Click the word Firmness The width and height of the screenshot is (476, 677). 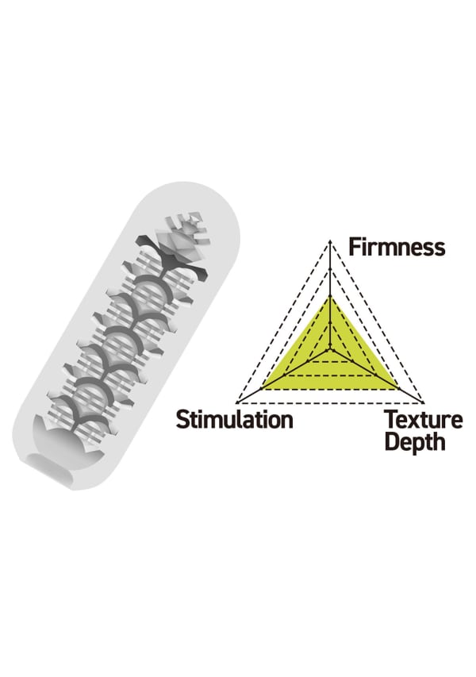pos(397,246)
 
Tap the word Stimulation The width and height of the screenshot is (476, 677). pos(234,418)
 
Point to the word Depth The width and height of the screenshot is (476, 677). pos(414,441)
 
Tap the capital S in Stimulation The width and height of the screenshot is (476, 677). pos(182,418)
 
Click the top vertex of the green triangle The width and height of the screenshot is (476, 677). pos(329,296)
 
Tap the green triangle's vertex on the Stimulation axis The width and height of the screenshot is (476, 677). pos(263,388)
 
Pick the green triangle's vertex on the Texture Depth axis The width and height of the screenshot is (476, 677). pos(397,388)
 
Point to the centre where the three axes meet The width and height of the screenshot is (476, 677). pos(329,348)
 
